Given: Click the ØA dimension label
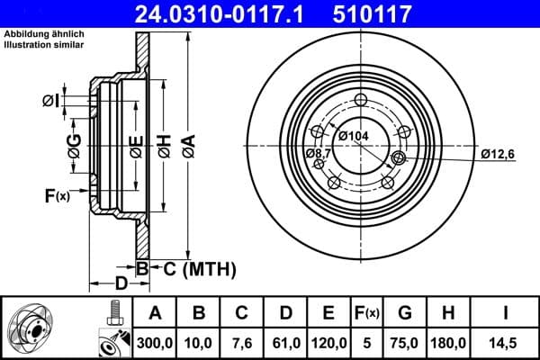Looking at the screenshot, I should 188,146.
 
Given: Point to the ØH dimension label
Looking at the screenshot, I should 163,146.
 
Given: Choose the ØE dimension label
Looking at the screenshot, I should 135,146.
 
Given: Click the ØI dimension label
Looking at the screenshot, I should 51,100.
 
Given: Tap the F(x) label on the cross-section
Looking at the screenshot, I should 56,194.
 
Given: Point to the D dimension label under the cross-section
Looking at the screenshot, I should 120,284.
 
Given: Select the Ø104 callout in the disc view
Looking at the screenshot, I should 355,136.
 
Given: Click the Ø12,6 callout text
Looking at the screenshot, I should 497,155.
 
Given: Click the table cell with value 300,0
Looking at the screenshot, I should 155,342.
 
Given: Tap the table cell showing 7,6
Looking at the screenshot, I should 241,342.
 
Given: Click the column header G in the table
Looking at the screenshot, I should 404,313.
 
